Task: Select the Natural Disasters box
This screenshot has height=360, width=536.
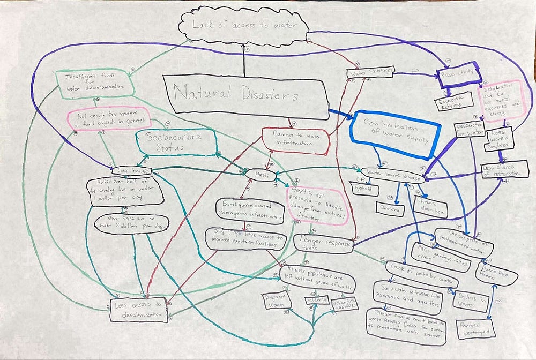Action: pyautogui.click(x=244, y=96)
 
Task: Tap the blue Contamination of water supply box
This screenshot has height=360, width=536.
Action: pyautogui.click(x=397, y=133)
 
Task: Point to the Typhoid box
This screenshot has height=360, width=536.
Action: pyautogui.click(x=364, y=190)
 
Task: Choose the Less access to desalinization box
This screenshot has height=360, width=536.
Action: pyautogui.click(x=139, y=310)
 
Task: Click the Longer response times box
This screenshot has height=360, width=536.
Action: pyautogui.click(x=323, y=243)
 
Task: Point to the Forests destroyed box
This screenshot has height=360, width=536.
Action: pyautogui.click(x=474, y=328)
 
